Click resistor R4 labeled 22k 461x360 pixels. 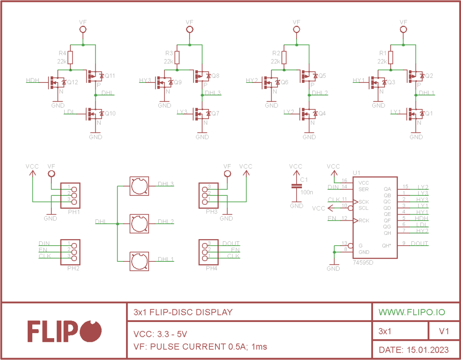[70, 58]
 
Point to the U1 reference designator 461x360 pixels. [356, 173]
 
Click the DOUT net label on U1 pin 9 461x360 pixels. [419, 243]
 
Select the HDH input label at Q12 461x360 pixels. [32, 80]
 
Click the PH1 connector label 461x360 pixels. [73, 211]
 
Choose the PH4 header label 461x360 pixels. [211, 268]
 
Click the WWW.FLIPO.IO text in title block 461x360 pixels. [412, 312]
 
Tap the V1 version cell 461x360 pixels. [444, 331]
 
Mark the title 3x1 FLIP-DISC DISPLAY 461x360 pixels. [183, 312]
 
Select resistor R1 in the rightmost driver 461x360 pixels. [391, 58]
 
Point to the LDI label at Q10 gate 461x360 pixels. [69, 112]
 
